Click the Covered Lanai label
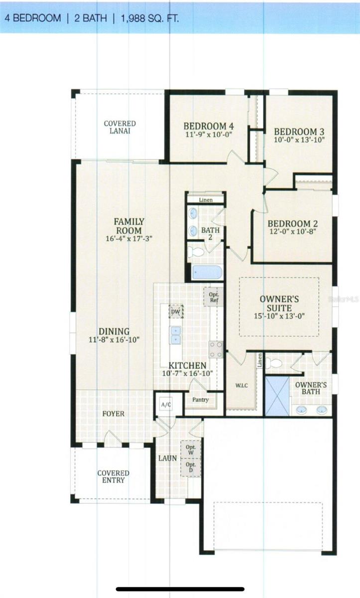(120, 127)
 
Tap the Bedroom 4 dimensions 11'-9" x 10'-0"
(209, 135)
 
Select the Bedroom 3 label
(299, 132)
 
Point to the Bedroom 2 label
(292, 224)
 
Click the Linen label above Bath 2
(206, 200)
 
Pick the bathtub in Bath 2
(206, 272)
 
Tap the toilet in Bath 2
(197, 251)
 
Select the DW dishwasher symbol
(175, 312)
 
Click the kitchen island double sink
(175, 335)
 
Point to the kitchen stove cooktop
(216, 349)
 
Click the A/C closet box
(165, 405)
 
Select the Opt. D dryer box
(191, 467)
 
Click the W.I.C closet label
(242, 386)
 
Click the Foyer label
(114, 414)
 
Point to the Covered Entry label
(114, 476)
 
